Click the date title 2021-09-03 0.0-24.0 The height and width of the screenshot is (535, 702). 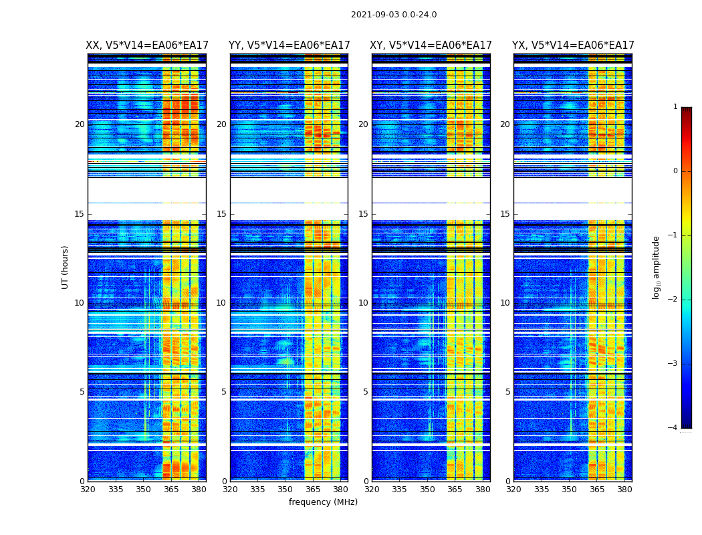[x=394, y=15]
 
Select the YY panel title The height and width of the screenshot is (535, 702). [x=289, y=45]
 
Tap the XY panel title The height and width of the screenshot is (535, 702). [x=431, y=45]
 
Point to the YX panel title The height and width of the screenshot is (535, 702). [x=573, y=45]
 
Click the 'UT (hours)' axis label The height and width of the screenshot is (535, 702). [x=65, y=267]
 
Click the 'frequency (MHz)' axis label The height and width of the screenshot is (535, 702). [x=323, y=502]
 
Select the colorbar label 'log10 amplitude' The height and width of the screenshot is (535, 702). [x=657, y=267]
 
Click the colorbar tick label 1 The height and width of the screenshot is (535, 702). [x=675, y=107]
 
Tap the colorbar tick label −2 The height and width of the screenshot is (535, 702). [x=673, y=300]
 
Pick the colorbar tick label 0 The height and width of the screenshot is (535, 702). [x=675, y=171]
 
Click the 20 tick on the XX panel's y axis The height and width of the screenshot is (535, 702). [x=80, y=124]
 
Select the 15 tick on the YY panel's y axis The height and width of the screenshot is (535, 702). [x=221, y=214]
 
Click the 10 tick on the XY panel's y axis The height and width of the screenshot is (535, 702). [x=363, y=303]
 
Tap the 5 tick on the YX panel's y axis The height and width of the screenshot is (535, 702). [x=507, y=392]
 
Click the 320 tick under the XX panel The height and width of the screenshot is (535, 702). [x=88, y=490]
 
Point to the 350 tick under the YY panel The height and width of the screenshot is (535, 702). [x=285, y=490]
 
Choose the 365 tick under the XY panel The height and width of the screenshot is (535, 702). [x=455, y=490]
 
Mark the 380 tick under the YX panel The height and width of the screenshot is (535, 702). [x=624, y=490]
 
